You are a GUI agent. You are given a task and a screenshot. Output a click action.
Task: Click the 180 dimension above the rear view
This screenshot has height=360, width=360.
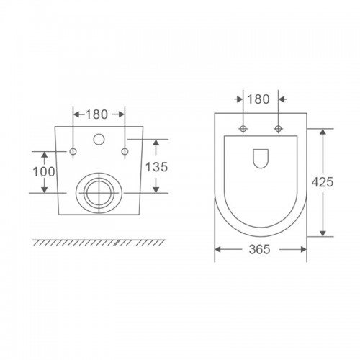click(x=96, y=114)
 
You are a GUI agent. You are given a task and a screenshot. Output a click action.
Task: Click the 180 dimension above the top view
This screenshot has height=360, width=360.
click(x=258, y=99)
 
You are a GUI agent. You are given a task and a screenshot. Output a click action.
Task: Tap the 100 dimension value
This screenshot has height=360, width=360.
click(x=44, y=172)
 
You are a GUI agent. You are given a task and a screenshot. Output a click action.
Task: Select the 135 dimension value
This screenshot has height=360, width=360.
click(x=156, y=167)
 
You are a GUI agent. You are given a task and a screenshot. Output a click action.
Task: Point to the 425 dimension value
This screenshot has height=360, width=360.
click(x=323, y=182)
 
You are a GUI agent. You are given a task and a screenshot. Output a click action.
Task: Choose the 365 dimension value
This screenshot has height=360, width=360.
click(x=259, y=249)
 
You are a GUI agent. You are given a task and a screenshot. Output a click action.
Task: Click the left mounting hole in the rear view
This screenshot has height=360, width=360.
click(x=73, y=151)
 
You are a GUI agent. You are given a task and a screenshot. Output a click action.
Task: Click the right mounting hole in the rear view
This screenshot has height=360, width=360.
click(x=125, y=151)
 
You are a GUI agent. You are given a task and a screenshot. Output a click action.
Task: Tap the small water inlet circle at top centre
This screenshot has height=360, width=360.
click(x=99, y=139)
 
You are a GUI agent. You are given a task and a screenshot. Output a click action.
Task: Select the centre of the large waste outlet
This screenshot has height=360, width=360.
click(x=99, y=193)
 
